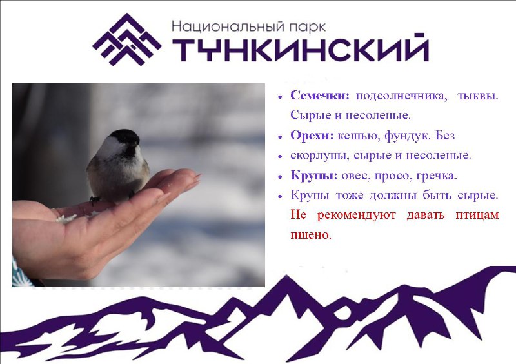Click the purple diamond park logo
tap(126, 39)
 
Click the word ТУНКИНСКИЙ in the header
tap(301, 47)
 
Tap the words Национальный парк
tap(249, 26)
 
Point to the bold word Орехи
tap(312, 136)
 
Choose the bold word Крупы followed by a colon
tap(314, 176)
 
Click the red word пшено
tap(311, 235)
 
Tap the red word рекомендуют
tap(357, 215)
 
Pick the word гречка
tap(437, 176)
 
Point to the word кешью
tap(359, 136)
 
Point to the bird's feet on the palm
tap(95, 199)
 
